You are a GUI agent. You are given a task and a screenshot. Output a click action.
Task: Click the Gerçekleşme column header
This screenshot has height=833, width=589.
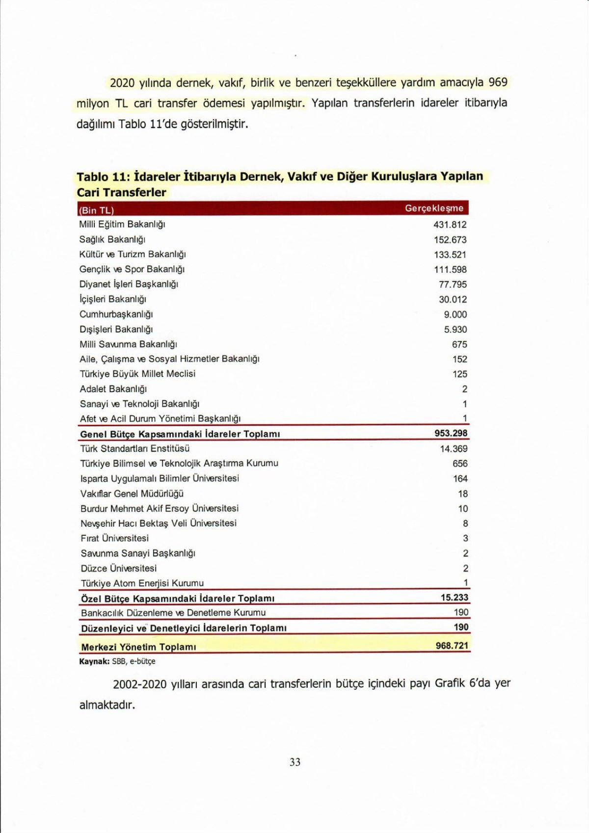click(x=433, y=208)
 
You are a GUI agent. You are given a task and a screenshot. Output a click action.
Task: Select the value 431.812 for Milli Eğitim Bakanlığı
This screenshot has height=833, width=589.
click(x=450, y=225)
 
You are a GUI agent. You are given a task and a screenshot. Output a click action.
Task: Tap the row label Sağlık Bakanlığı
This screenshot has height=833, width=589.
click(x=112, y=239)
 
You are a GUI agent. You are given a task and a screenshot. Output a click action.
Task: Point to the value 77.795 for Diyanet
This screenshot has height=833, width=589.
click(x=453, y=285)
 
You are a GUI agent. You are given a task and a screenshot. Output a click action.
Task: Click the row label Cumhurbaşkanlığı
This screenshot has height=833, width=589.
click(x=116, y=314)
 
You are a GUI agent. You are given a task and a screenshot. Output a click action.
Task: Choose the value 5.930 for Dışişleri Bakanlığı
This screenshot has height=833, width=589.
click(x=455, y=330)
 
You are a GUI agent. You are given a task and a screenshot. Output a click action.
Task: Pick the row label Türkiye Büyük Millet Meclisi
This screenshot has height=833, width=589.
click(x=137, y=374)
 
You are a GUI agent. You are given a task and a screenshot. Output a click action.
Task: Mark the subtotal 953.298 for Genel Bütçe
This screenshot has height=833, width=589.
click(x=451, y=433)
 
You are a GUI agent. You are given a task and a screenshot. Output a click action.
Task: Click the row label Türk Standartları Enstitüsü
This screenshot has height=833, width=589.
click(x=135, y=448)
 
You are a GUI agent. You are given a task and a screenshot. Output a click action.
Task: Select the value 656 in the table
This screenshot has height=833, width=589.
click(x=460, y=464)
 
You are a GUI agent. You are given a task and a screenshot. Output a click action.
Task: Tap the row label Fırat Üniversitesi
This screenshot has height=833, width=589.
click(x=114, y=538)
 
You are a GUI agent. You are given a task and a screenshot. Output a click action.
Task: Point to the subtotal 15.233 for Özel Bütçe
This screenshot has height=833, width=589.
click(x=455, y=598)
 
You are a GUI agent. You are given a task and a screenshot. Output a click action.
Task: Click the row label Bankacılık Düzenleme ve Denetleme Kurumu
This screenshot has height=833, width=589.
click(x=173, y=613)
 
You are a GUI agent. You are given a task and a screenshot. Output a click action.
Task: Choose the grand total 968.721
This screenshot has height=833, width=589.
click(x=452, y=646)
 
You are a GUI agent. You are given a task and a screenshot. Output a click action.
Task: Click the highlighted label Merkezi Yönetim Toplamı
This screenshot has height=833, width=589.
click(x=138, y=647)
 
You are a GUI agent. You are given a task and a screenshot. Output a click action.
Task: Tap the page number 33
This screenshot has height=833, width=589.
click(x=295, y=762)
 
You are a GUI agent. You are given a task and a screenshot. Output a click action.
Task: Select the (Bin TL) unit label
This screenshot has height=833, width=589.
click(x=96, y=210)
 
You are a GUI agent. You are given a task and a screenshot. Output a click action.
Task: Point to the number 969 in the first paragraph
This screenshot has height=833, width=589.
click(x=498, y=82)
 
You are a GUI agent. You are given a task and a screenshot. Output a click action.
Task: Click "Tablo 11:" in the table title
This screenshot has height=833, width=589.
click(x=103, y=177)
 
